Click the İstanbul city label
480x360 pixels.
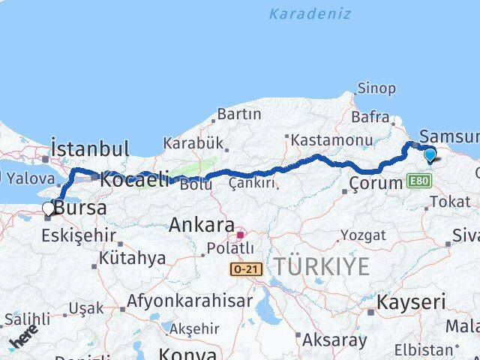[89, 148]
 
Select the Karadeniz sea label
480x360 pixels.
[310, 13]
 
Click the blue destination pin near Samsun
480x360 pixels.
[430, 155]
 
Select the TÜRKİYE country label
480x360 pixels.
[321, 265]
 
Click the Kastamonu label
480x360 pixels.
[332, 140]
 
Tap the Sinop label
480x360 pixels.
[376, 88]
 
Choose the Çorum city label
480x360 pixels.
[376, 183]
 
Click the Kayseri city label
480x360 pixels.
[410, 303]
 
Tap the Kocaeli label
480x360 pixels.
[135, 180]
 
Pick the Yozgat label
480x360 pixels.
[363, 235]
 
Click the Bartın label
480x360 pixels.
[239, 115]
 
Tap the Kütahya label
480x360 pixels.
[132, 258]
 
